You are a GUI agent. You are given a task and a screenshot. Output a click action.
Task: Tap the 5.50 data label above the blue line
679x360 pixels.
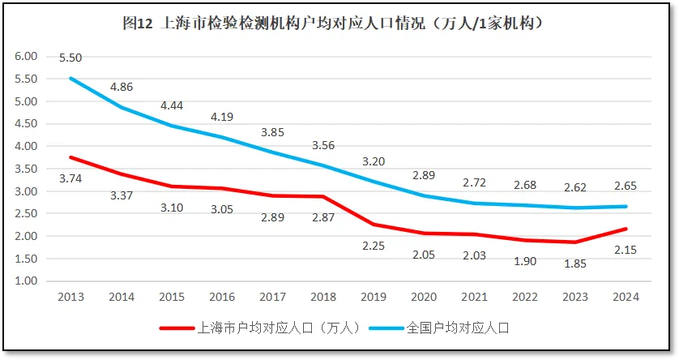coord(70,58)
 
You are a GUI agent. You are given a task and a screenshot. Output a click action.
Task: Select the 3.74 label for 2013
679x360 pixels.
coord(70,178)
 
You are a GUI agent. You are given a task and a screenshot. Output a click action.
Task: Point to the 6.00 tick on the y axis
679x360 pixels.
coord(27,57)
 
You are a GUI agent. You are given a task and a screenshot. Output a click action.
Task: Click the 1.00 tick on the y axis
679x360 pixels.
coord(27,281)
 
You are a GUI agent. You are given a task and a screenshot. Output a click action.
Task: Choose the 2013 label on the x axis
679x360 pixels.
coord(70,297)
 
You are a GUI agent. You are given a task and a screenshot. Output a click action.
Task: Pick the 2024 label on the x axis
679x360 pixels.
coord(626,297)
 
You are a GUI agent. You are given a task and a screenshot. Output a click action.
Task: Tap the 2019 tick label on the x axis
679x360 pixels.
coord(374,297)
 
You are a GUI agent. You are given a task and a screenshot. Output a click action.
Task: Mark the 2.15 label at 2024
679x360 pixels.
coord(626,250)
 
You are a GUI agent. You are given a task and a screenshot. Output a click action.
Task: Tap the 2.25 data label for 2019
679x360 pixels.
coord(374,246)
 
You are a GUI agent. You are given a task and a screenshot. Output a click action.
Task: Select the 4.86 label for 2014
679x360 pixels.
coord(122,87)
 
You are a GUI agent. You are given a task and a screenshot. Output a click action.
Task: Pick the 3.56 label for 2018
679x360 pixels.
coord(323,146)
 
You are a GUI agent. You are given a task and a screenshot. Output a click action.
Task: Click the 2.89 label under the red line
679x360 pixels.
coord(272,217)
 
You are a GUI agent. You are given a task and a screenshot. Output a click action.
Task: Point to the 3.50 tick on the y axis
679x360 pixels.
coord(27,169)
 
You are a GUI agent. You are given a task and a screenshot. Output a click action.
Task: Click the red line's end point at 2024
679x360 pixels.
coord(626,229)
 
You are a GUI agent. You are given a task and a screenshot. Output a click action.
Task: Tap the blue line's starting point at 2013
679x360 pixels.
coord(70,78)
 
